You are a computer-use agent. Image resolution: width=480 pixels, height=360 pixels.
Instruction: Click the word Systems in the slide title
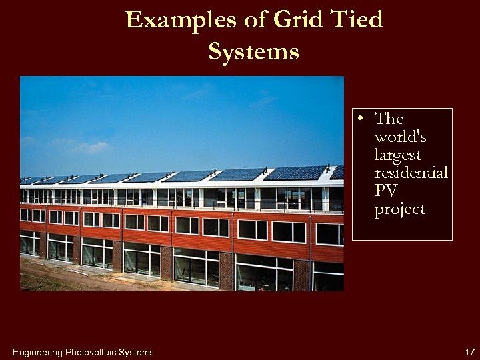click(x=253, y=51)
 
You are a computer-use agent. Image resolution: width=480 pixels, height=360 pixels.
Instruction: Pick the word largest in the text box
click(x=398, y=155)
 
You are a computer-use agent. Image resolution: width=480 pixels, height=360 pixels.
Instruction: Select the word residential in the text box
click(x=411, y=173)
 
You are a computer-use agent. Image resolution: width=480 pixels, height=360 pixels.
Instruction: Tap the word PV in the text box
click(x=386, y=191)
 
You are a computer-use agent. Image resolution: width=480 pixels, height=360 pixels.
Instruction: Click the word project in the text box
click(x=399, y=210)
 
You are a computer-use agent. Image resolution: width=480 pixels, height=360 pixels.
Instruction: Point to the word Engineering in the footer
click(x=37, y=352)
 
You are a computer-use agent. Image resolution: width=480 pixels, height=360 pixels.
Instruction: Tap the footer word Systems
click(x=136, y=352)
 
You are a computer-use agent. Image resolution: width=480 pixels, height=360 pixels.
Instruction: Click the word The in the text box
click(x=389, y=119)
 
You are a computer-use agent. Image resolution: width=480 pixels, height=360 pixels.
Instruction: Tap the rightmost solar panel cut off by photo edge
click(x=338, y=172)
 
